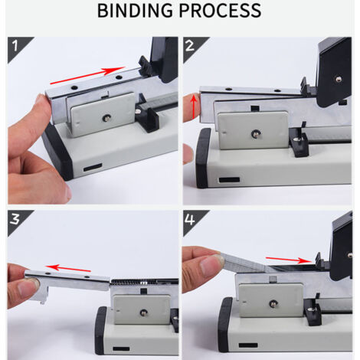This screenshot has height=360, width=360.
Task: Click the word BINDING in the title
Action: (135, 11)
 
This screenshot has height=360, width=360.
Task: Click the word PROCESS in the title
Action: (220, 11)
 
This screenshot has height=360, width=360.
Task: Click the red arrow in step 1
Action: (87, 75)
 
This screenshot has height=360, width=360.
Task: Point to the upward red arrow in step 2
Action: (194, 106)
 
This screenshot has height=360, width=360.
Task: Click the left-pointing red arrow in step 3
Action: (68, 268)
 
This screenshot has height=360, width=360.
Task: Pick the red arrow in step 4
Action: (289, 260)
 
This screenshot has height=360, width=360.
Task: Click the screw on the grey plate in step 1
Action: (106, 118)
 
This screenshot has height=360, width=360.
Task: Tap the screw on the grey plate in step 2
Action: (254, 133)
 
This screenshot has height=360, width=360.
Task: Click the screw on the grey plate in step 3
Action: (142, 312)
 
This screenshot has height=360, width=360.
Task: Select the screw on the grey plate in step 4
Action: (273, 303)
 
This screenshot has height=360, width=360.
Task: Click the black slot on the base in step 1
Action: (93, 167)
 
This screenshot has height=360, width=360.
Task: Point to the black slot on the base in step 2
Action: (229, 180)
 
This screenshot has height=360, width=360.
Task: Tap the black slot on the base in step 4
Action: (248, 345)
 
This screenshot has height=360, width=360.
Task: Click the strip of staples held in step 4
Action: (246, 262)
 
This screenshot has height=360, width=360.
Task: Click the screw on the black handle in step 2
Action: (339, 80)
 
